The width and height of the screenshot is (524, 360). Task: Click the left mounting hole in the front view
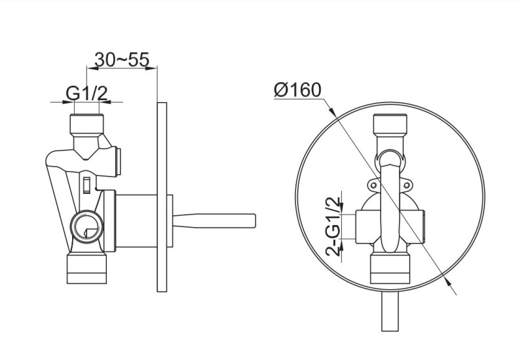tap(374, 186)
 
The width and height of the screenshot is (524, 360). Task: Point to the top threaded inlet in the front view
tap(390, 124)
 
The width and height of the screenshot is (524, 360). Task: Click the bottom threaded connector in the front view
tap(390, 268)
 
